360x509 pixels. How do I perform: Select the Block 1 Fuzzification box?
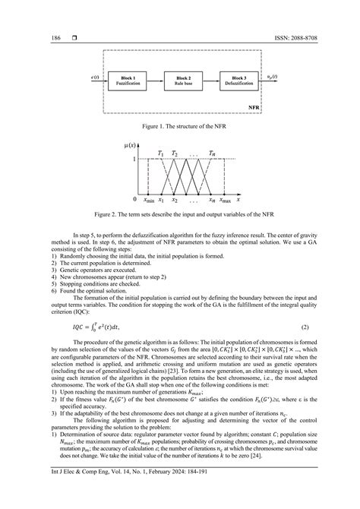click(x=125, y=79)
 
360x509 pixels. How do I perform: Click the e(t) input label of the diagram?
click(x=94, y=77)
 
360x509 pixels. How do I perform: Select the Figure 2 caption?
click(x=179, y=214)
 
